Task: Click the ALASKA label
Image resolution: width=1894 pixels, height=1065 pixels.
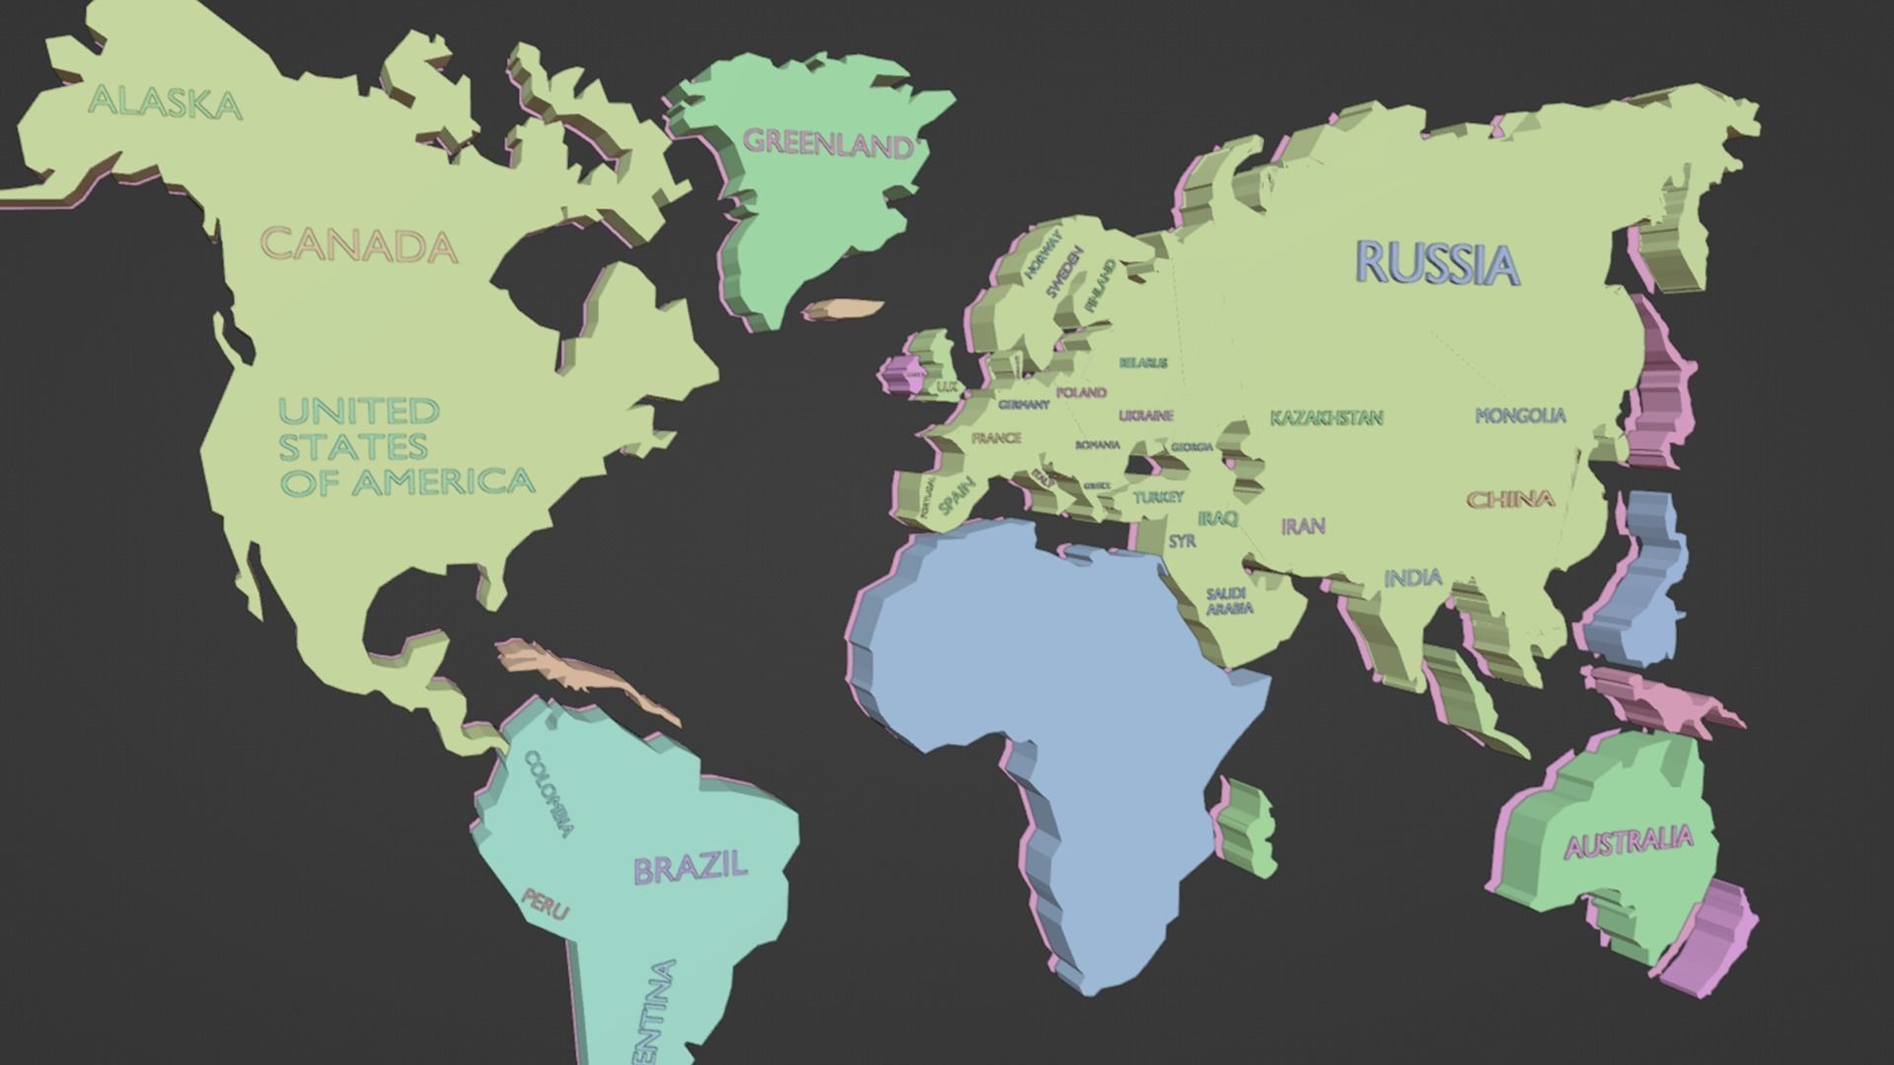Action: click(x=165, y=103)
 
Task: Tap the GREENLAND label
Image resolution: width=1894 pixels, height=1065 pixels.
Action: click(x=828, y=144)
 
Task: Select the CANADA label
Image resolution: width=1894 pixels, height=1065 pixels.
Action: click(x=359, y=246)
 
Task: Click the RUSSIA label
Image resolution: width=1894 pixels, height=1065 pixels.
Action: click(x=1437, y=263)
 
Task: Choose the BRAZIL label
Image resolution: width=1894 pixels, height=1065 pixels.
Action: click(x=690, y=868)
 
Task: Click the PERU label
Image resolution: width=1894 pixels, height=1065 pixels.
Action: click(x=545, y=902)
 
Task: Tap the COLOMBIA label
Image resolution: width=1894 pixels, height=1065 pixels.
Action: click(x=548, y=794)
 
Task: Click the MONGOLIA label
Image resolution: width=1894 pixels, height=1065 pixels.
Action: click(x=1520, y=416)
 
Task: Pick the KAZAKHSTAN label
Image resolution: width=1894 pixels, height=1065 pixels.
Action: click(x=1326, y=418)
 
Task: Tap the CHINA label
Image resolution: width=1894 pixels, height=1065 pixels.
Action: click(x=1510, y=500)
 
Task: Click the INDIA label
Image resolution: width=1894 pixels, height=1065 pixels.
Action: click(x=1413, y=578)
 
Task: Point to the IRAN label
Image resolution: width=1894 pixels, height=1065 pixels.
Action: click(x=1303, y=527)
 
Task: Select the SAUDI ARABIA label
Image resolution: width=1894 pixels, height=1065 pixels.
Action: click(x=1228, y=601)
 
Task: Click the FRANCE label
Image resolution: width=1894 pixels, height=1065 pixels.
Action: click(x=996, y=438)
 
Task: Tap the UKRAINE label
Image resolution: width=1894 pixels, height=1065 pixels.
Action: click(x=1145, y=415)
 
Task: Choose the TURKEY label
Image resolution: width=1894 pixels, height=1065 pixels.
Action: click(x=1157, y=497)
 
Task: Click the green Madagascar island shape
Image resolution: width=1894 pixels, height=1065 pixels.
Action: click(x=1248, y=828)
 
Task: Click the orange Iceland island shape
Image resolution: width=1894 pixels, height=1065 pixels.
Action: click(x=842, y=310)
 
